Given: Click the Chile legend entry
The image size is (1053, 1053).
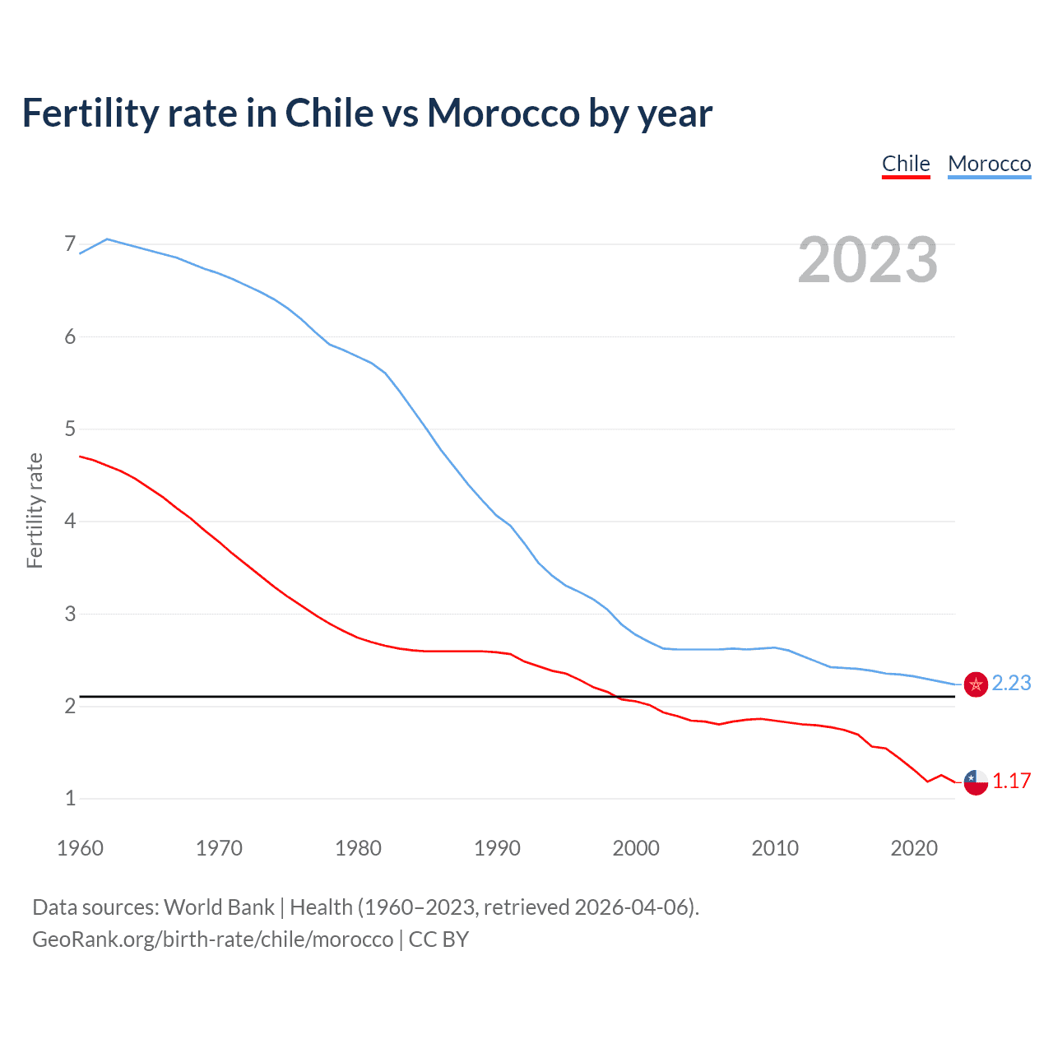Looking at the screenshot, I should pos(906,164).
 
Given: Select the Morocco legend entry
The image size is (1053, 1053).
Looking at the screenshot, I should pos(989,164).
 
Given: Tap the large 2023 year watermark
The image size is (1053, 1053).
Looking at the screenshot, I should pos(868,260).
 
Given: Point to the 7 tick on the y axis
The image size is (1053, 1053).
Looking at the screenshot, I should pos(70,244).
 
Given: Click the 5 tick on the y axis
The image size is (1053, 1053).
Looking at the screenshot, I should pos(70,429).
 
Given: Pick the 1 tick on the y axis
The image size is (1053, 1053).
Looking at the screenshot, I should pos(70,798).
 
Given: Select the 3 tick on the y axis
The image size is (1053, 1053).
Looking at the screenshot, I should pos(70,614).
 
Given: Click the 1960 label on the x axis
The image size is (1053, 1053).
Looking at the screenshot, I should pos(80,848).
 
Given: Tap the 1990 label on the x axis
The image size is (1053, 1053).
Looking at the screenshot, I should pos(497,848).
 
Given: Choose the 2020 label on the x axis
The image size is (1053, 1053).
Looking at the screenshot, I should pos(914,848).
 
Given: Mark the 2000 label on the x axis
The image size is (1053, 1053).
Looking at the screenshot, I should pos(636,848).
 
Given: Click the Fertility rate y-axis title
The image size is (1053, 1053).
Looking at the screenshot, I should pos(35,510).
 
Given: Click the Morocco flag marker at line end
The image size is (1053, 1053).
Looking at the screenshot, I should pos(976,684).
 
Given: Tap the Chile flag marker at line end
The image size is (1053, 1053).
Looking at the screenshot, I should pos(976,782).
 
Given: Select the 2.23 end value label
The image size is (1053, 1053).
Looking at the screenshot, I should pos(1011,684).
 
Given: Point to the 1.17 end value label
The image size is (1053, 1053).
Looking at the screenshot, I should pos(1011,781).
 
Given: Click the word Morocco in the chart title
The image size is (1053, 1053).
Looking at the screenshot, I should pos(503,114).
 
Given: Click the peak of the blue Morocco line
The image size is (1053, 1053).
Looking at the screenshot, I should pos(107,239).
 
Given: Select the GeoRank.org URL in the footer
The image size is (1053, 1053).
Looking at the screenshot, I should pos(212,939).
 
